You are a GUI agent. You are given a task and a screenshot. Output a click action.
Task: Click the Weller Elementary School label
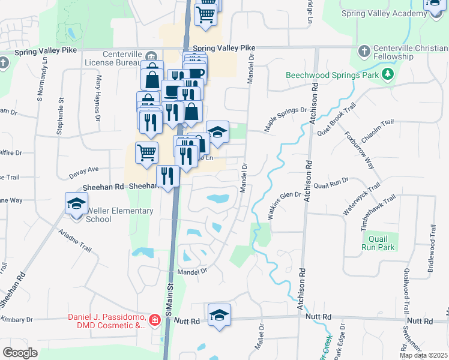[x=98, y=215]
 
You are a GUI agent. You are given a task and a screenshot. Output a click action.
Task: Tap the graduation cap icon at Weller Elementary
[x=76, y=203]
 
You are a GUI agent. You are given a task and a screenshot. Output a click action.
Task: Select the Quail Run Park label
[x=378, y=243]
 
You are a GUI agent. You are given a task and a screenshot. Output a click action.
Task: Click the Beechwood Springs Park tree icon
[x=388, y=74]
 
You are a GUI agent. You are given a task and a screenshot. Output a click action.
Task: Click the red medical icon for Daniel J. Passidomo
[x=155, y=320]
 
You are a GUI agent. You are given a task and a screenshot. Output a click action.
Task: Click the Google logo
[x=20, y=353]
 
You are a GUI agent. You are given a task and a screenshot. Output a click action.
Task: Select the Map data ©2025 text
[x=424, y=355]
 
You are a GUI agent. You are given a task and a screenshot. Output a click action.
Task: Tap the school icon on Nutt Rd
[x=219, y=314]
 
